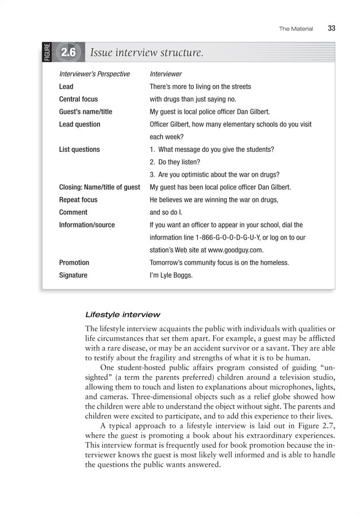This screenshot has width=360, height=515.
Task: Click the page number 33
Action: pos(332,28)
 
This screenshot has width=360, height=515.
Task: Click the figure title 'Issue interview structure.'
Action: pos(146,53)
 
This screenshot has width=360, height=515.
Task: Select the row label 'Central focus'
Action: pos(78,99)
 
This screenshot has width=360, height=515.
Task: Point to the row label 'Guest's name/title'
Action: pos(86,112)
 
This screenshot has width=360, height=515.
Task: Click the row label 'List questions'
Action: pos(79,149)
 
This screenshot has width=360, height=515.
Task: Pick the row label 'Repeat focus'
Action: pos(78,200)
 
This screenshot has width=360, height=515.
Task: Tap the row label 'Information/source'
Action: pos(87,225)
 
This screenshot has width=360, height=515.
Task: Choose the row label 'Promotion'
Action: pos(74,263)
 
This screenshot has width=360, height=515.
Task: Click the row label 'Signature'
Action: pos(73,275)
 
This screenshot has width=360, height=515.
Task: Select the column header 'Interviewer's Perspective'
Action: pos(94,74)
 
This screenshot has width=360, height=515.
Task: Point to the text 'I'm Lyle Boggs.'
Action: pos(171,275)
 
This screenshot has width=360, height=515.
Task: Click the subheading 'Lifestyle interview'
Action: pos(122,314)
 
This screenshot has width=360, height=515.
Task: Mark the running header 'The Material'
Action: pos(296,29)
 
